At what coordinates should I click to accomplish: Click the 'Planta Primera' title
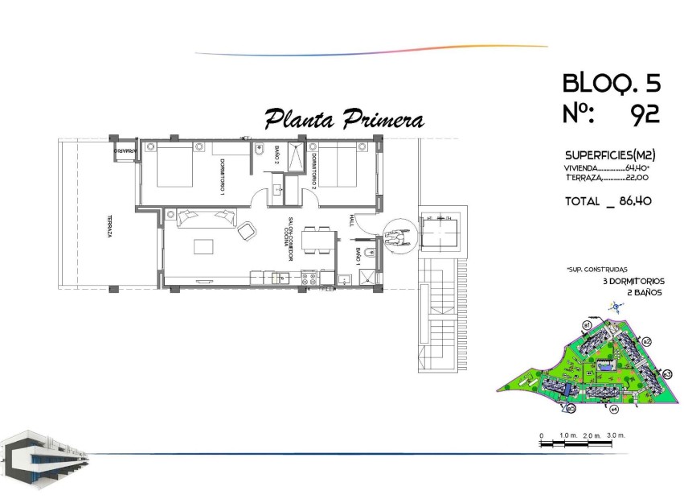[x=344, y=120]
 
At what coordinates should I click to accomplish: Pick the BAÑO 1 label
[x=358, y=258]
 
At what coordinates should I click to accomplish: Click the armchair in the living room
[x=247, y=231]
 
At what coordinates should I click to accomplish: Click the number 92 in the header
[x=645, y=115]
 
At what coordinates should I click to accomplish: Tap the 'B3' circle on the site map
[x=666, y=373]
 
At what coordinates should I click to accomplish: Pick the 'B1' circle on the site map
[x=587, y=324]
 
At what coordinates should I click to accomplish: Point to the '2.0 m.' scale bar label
[x=592, y=435]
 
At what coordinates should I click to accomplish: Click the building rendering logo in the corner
[x=44, y=460]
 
